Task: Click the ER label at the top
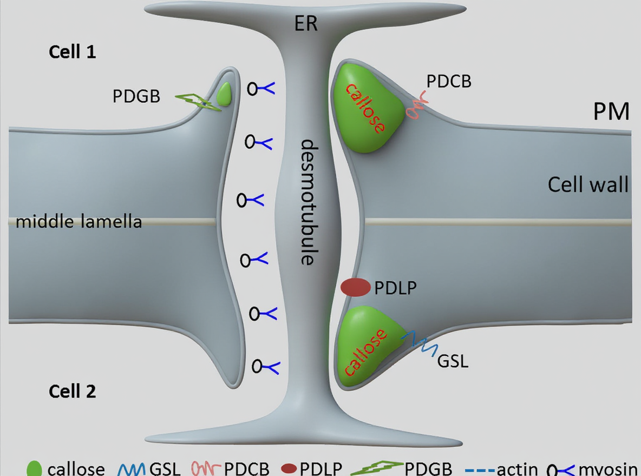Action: point(306,24)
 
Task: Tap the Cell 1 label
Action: point(72,52)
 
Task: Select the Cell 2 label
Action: point(72,391)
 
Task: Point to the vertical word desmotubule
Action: point(308,203)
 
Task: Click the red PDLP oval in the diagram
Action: point(355,288)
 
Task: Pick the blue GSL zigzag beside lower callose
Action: point(418,342)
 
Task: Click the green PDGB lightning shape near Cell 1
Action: point(198,101)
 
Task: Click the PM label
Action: point(612,111)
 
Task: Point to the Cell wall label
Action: point(588,184)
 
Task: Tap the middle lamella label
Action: point(79,221)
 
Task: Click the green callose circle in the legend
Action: point(35,468)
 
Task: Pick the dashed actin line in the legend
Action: point(477,468)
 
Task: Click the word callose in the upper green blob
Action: point(366,109)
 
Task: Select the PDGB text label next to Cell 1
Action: point(136,96)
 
